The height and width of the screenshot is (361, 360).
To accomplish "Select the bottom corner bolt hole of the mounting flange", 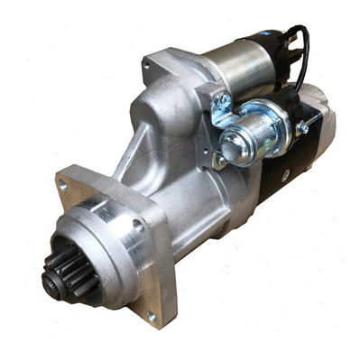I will point(152,316).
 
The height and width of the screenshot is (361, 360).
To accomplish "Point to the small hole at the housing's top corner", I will point(147,65).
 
